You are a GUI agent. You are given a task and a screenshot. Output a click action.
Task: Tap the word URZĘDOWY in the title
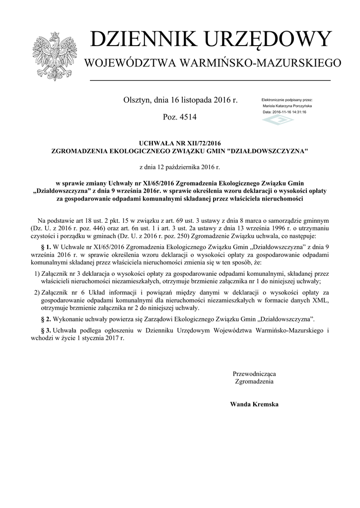pos(264,40)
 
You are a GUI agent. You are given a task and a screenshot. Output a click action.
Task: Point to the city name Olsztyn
pos(137,100)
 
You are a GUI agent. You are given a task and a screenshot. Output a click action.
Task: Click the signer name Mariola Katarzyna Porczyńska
pos(287,106)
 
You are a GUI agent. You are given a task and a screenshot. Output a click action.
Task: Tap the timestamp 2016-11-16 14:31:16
pos(291,112)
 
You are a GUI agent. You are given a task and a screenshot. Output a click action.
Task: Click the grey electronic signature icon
pos(278,121)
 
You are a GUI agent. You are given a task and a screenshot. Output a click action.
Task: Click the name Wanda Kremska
pos(254,404)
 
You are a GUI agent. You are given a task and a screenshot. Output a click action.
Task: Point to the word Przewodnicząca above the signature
pos(254,373)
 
